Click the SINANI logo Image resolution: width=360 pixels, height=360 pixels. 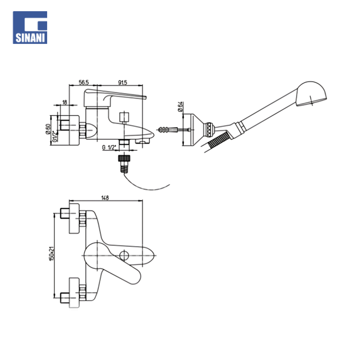[x=30, y=27]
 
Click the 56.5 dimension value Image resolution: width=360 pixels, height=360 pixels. [x=84, y=83]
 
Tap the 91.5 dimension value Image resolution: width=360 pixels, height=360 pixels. [x=122, y=83]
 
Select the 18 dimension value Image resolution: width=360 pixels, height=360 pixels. [x=65, y=102]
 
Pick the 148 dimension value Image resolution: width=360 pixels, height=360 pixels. [x=105, y=197]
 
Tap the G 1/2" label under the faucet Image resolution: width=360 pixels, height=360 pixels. [x=109, y=148]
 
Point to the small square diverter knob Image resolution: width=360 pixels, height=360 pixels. [x=124, y=117]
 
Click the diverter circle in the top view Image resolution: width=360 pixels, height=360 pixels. [x=124, y=256]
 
